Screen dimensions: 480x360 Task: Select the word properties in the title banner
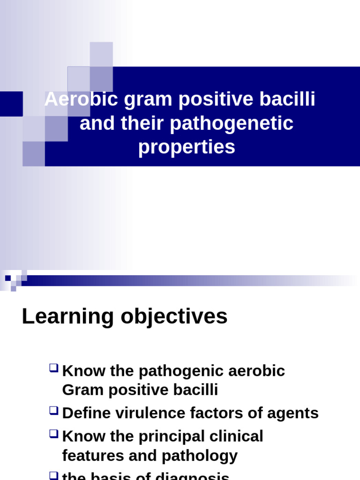click(187, 147)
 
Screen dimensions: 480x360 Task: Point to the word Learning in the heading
click(68, 317)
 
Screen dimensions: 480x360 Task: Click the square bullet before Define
click(54, 411)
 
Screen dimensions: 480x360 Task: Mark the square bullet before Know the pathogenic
click(54, 369)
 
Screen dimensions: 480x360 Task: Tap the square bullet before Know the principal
click(54, 435)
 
